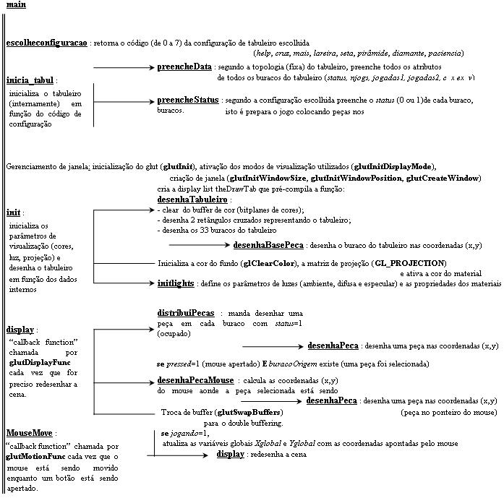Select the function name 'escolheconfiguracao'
(x=46, y=43)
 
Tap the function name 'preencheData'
(x=184, y=66)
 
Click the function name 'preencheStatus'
(x=187, y=100)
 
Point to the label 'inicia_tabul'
(x=30, y=80)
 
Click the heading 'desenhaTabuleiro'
(x=192, y=199)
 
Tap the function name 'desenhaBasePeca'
(x=268, y=246)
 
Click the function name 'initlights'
(x=176, y=284)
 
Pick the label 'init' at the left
(x=12, y=213)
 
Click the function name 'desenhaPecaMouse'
(x=195, y=380)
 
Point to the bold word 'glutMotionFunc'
(x=36, y=457)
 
